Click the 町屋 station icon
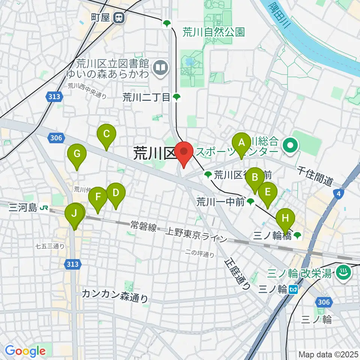coord(120,17)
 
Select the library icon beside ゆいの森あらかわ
coord(160,68)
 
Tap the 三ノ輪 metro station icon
coord(294,289)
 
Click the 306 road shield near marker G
coord(55,138)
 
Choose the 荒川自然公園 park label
coord(213,32)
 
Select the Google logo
coord(25,351)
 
